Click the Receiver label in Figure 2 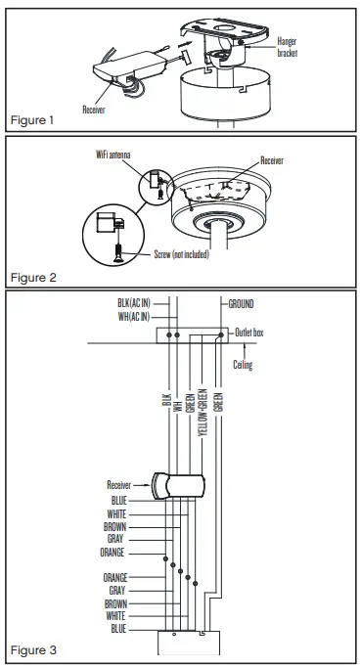click(x=275, y=157)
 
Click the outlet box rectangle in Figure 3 click(x=194, y=334)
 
